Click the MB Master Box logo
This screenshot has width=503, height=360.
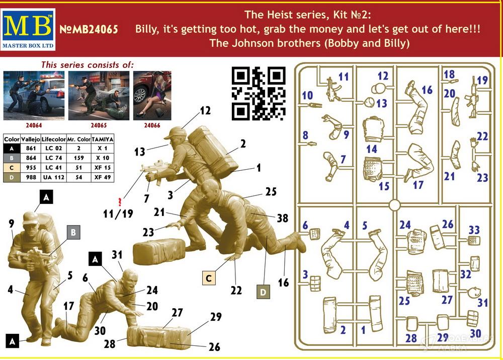[x=28, y=30]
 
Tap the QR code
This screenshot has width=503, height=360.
[x=259, y=94]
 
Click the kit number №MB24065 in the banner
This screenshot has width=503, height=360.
[x=89, y=30]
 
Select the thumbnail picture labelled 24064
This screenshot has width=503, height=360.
[x=34, y=96]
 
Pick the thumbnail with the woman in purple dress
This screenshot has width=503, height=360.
[x=152, y=96]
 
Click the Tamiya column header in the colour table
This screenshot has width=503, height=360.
[x=102, y=139]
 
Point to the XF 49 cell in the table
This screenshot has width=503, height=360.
[x=102, y=177]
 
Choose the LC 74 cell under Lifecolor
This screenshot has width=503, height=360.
[x=54, y=158]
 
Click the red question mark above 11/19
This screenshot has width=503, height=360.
[x=120, y=202]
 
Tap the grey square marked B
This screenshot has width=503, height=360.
[x=73, y=232]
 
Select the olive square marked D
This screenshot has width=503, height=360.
[x=263, y=292]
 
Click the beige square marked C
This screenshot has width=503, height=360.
[x=209, y=278]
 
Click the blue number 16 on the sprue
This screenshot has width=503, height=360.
[x=427, y=90]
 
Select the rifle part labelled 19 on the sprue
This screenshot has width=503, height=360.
[x=474, y=97]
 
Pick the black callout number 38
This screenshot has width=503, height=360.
[x=282, y=218]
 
